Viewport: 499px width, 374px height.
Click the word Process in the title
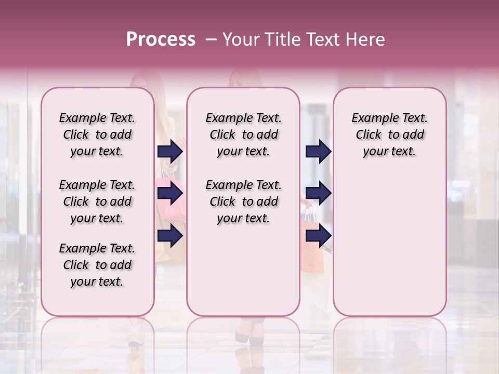tap(161, 39)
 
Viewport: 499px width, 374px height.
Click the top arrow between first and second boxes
tap(170, 152)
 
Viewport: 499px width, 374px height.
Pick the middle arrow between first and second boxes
tap(170, 194)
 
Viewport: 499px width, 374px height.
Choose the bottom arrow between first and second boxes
tap(170, 236)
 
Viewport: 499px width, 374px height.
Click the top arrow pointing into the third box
tap(318, 152)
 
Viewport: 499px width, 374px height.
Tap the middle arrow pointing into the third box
tap(318, 194)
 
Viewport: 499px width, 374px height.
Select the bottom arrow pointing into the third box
tap(318, 236)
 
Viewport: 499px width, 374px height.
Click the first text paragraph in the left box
tap(97, 135)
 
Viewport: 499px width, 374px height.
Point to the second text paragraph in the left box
tap(97, 202)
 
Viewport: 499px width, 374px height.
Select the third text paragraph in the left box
tap(97, 265)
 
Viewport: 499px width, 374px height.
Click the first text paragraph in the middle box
tap(243, 135)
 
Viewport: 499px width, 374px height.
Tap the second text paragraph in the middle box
tap(243, 202)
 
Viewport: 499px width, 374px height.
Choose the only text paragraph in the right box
tap(389, 135)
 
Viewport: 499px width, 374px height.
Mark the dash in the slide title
tap(211, 39)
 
